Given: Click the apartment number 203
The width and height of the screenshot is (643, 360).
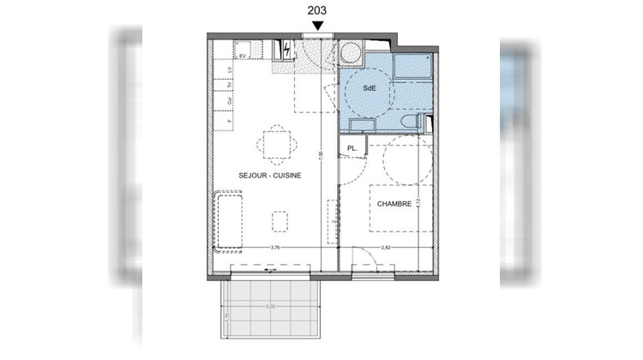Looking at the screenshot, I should click(318, 9).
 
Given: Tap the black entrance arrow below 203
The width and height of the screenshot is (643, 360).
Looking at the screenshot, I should click(318, 27).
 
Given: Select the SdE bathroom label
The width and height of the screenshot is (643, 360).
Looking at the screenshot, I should click(368, 87).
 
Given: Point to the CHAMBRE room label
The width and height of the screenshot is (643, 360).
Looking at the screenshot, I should click(393, 203).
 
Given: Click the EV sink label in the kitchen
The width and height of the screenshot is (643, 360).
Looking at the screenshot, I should click(243, 56).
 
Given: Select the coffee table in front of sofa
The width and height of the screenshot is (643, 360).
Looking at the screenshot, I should click(280, 223).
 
